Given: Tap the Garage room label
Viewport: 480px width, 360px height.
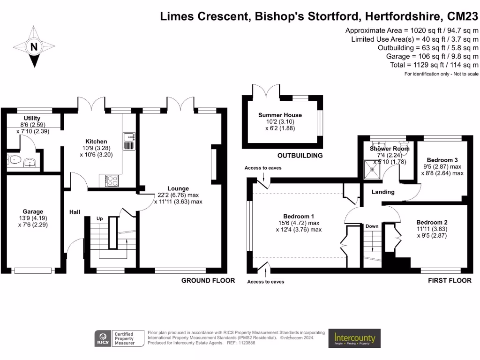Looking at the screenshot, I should pos(33,212).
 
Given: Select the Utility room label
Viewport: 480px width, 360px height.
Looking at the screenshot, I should pos(32,118).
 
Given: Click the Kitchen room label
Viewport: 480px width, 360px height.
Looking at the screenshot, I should pos(96,142).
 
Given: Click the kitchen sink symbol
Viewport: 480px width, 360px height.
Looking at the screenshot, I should pos(129,137).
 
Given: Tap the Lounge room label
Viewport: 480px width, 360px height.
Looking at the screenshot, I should pos(178,189).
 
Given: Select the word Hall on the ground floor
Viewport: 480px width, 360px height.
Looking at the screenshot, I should pos(75,212).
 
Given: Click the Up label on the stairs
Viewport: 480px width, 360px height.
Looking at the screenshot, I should pos(99,219).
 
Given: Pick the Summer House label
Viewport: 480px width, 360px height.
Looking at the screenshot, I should pos(280,115).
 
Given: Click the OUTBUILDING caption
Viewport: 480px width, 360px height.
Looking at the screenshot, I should pos(300,156).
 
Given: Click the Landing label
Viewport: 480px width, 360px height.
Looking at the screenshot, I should pos(383,192).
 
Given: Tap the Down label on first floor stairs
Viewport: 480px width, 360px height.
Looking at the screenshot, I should pos(372,226).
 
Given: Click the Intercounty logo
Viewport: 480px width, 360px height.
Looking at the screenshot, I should pos(354,337).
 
